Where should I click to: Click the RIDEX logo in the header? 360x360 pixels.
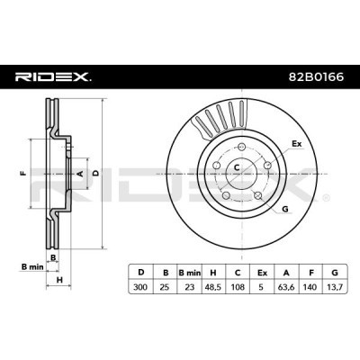click(51, 78)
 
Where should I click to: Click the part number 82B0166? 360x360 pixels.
click(308, 78)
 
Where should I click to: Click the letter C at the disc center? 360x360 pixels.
click(236, 168)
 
